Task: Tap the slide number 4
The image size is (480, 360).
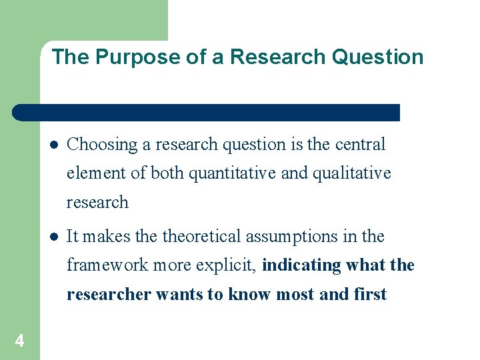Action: (x=19, y=341)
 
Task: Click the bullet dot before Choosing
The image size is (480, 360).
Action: (x=54, y=145)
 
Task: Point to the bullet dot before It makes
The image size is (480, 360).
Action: (x=54, y=237)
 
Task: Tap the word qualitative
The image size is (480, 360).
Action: (x=351, y=173)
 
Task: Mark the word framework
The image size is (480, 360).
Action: (x=109, y=265)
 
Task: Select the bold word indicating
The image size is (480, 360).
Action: (x=302, y=265)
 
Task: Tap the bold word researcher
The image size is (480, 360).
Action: (x=109, y=295)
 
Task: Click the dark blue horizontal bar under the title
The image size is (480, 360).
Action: (x=207, y=113)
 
